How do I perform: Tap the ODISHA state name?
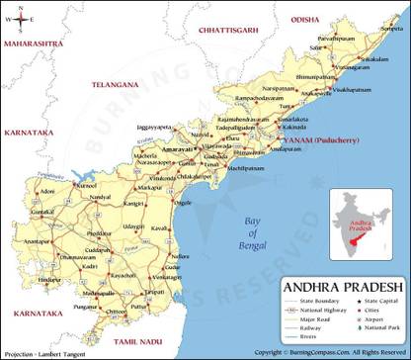click(305, 19)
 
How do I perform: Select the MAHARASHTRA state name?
click(34, 45)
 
